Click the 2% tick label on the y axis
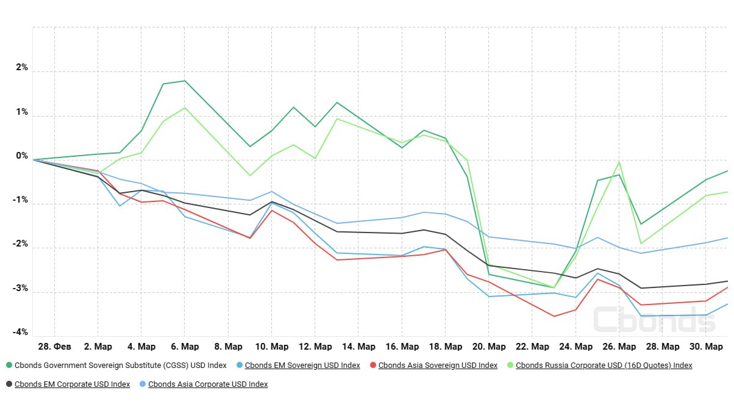pos(22,68)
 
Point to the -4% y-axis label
pos(21,332)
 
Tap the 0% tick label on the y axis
pos(22,156)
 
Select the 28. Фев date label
pos(54,347)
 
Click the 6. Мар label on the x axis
pos(185,347)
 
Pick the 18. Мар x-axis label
pos(445,347)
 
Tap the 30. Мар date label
pos(706,347)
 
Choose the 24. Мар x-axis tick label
pos(575,347)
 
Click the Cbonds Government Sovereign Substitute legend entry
pos(120,366)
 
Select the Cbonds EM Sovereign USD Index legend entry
pos(302,366)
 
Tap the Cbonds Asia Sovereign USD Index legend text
pos(438,366)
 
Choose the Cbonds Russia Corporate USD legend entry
pos(604,366)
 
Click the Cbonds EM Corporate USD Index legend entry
pos(72,384)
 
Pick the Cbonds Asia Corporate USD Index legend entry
pos(208,384)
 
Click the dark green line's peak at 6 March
pos(185,81)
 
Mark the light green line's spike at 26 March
pos(619,162)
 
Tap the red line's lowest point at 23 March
pos(554,316)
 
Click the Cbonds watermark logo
pos(645,319)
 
